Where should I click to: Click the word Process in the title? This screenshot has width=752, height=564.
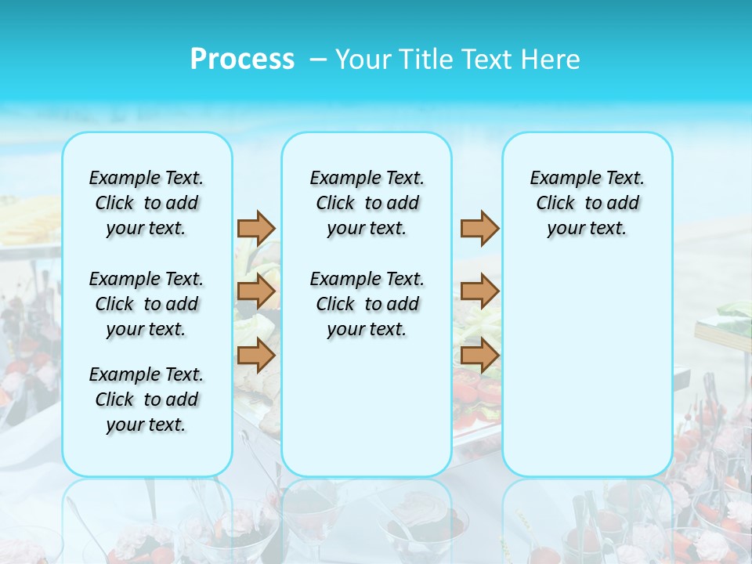(x=242, y=60)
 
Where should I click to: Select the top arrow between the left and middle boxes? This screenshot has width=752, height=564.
(x=256, y=228)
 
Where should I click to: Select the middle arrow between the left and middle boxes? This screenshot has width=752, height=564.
(x=256, y=291)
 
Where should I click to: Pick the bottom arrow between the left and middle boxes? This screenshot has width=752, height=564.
(x=256, y=355)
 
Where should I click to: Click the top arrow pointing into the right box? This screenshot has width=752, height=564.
(x=479, y=228)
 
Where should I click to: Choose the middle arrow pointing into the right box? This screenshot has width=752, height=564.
(x=479, y=291)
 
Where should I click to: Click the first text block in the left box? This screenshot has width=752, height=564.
(x=146, y=203)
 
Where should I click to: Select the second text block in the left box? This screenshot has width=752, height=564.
(x=146, y=304)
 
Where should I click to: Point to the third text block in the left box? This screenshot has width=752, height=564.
(x=146, y=399)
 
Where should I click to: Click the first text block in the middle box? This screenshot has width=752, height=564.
(x=367, y=203)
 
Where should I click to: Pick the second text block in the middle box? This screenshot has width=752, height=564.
(x=367, y=304)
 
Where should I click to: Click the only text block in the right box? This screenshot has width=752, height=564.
(x=587, y=203)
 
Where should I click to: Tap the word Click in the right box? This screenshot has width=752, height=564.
(x=555, y=204)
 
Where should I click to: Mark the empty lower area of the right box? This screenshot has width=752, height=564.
(x=587, y=360)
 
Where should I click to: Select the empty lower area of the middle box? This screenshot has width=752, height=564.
(x=367, y=407)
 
